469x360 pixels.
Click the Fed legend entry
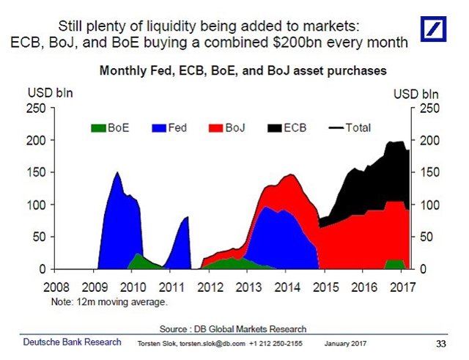click(x=169, y=128)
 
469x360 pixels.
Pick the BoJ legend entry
click(x=226, y=128)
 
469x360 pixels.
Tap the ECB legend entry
click(x=286, y=128)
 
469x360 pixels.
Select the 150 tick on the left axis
click(x=37, y=172)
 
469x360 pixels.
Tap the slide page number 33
click(x=440, y=344)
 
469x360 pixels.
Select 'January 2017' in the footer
click(x=345, y=345)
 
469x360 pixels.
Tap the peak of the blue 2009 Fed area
click(x=117, y=173)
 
